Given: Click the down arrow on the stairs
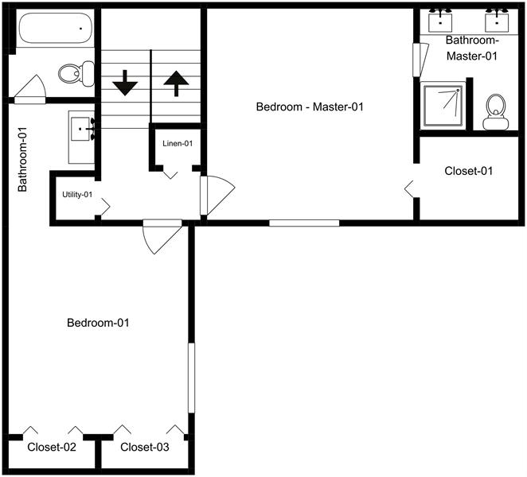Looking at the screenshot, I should [x=125, y=83].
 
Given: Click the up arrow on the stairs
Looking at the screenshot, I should [x=176, y=83].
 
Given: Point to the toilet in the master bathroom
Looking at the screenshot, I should [x=496, y=111].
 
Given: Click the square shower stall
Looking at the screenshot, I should [x=443, y=106].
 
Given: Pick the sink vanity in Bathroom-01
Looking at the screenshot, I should [x=82, y=129].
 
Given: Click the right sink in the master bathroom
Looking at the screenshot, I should [x=498, y=17].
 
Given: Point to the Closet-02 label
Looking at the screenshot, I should [x=52, y=448].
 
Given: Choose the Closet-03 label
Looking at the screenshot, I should [x=145, y=448].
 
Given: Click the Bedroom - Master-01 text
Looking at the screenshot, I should [x=310, y=107].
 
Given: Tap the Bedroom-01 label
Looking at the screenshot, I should [x=98, y=323].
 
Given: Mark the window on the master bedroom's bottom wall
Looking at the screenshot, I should [x=303, y=223].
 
